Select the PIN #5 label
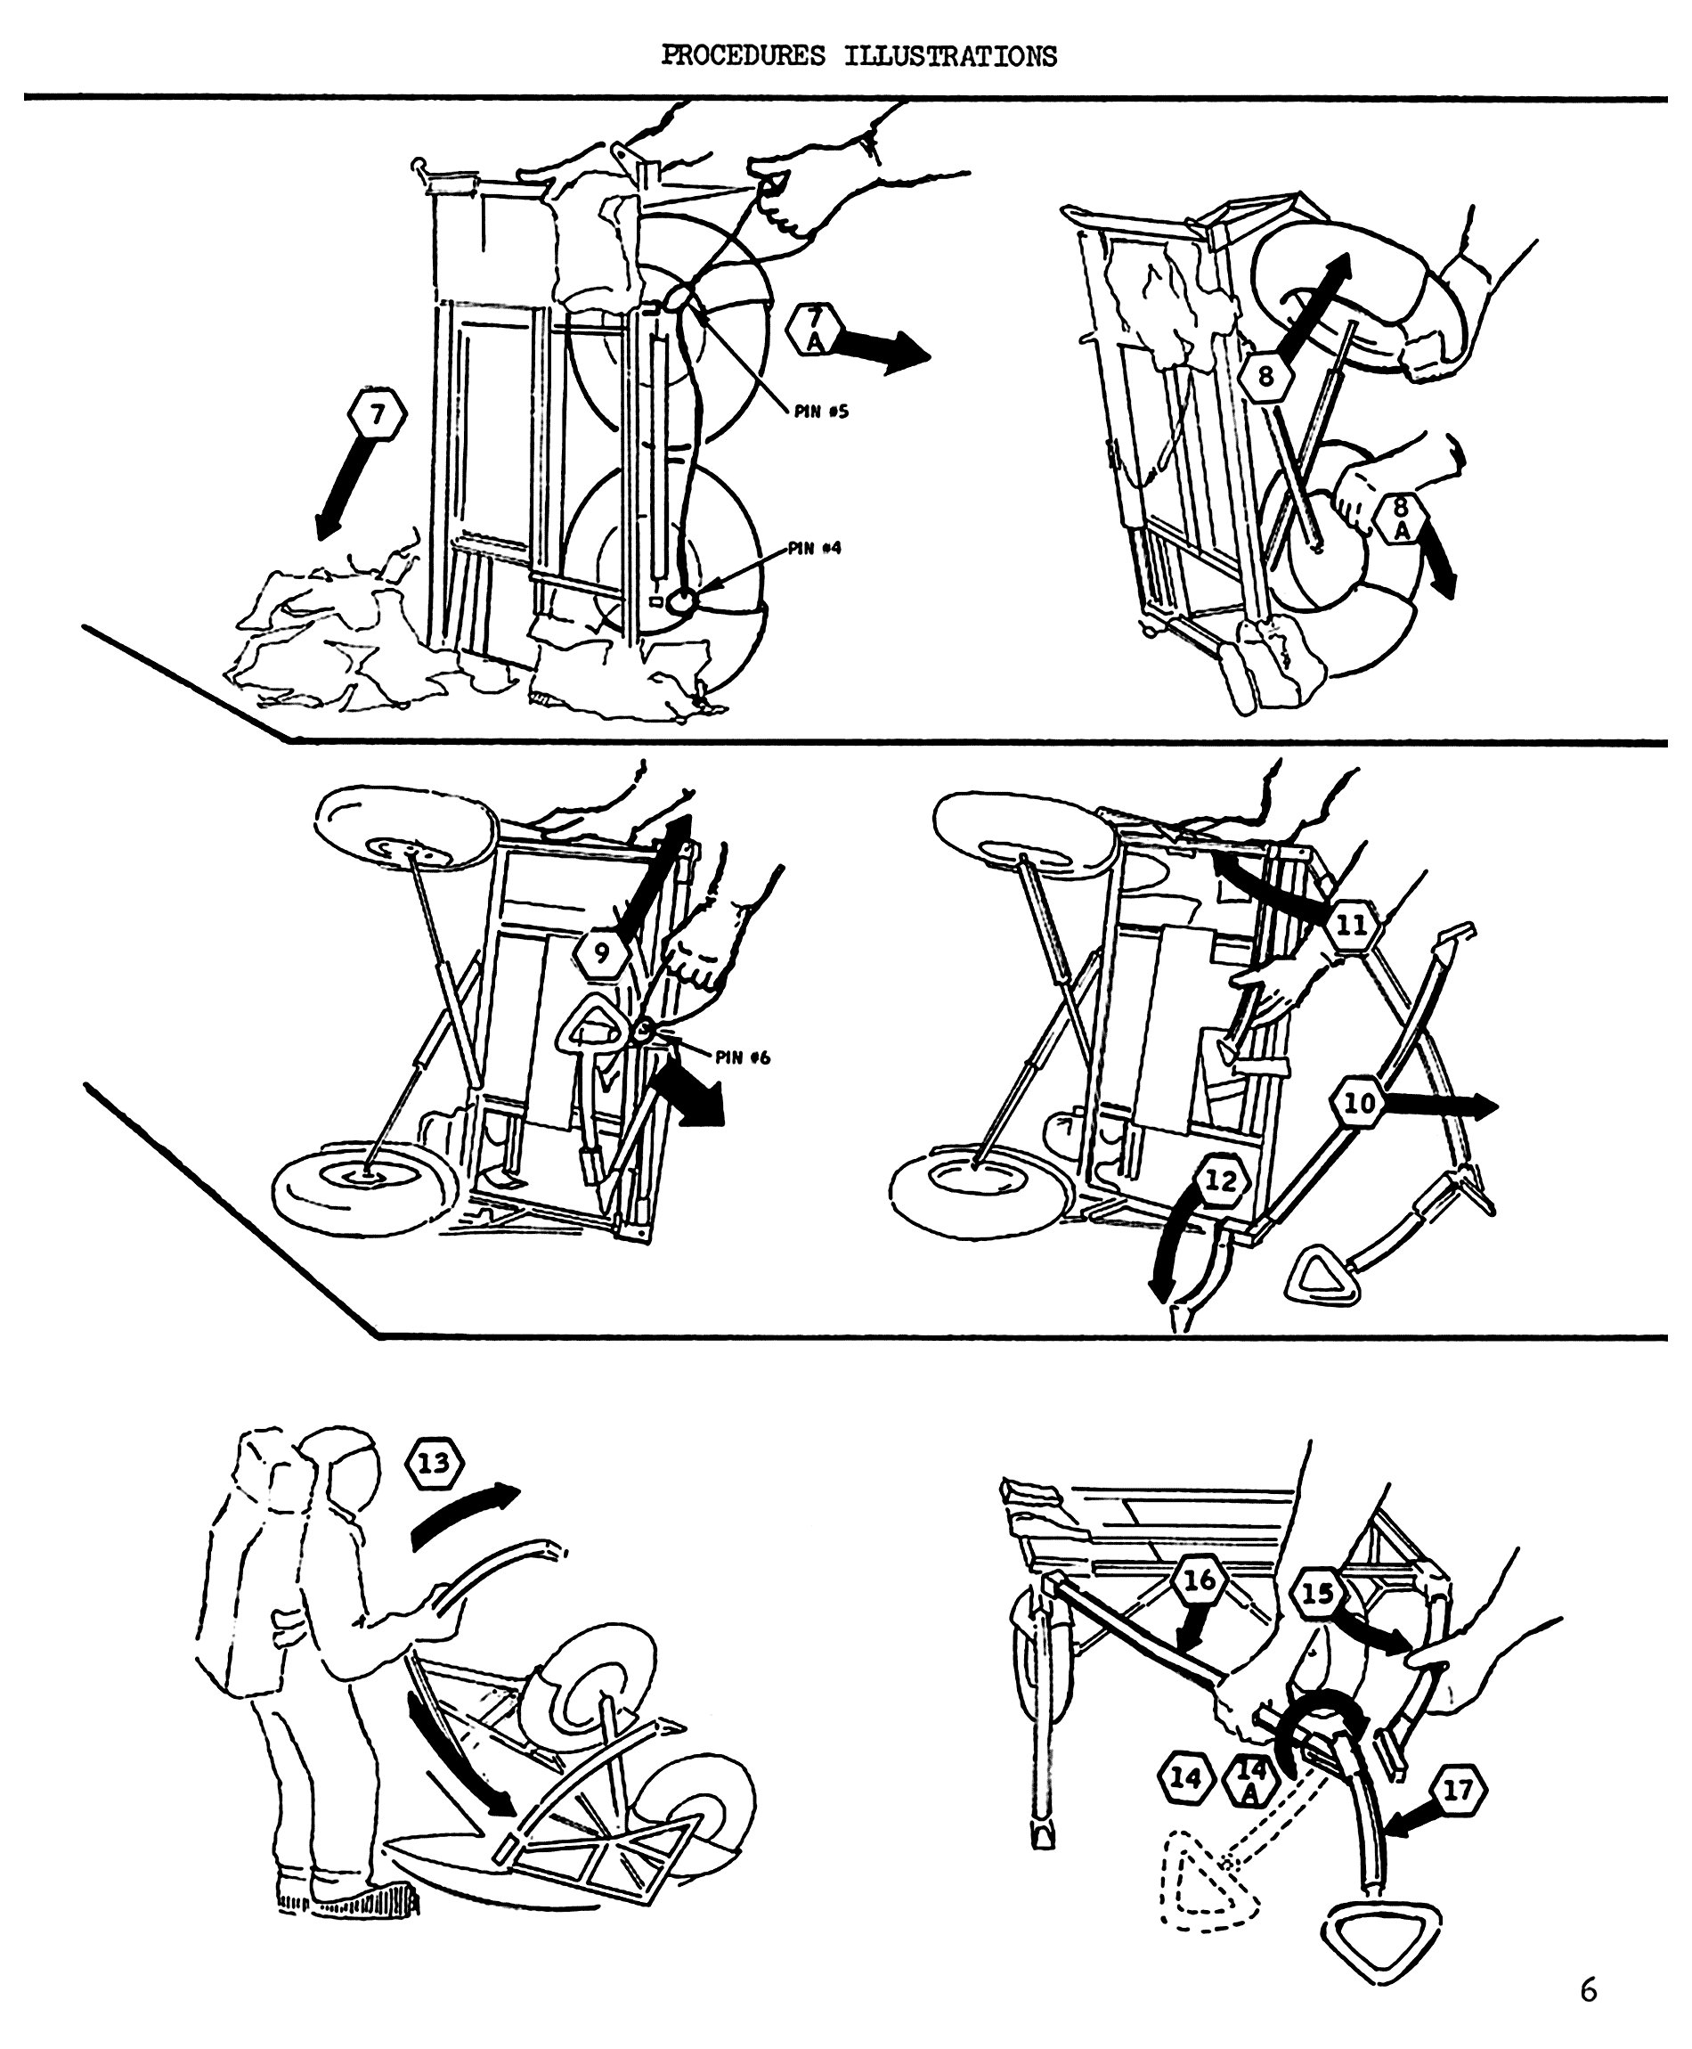click(821, 412)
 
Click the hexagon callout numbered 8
click(1267, 375)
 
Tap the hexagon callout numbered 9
click(600, 953)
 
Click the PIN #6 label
click(744, 1057)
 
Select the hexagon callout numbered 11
click(1352, 924)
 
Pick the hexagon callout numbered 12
click(1220, 1181)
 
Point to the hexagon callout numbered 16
click(1199, 1580)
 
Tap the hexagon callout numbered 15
click(1317, 1594)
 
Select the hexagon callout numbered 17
click(1458, 1790)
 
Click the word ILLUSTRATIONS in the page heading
click(949, 56)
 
